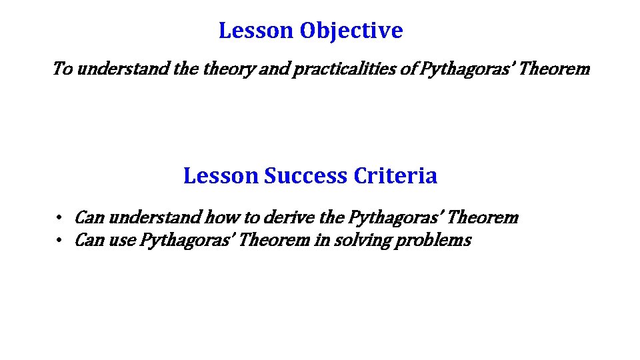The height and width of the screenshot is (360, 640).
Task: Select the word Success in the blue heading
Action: click(x=306, y=176)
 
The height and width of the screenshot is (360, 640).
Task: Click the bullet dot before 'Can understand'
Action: click(x=59, y=218)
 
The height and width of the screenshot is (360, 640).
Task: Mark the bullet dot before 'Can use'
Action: click(x=59, y=241)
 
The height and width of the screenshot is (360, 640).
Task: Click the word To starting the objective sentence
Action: click(x=62, y=69)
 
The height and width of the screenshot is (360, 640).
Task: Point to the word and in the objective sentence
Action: click(x=271, y=69)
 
